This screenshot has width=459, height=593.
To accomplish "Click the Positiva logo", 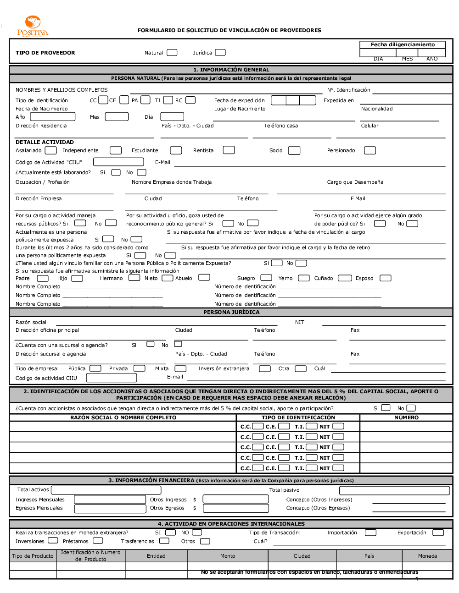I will coord(33,26).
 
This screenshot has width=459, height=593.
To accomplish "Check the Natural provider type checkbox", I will coord(172,53).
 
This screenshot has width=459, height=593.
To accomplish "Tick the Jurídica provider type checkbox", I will coord(220,53).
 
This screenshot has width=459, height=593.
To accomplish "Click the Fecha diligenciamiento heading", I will coord(403,44).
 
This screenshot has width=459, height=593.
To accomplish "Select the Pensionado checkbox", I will coord(369,150).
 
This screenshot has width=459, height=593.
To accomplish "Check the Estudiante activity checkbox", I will coord(176,150).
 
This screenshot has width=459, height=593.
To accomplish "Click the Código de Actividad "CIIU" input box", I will coord(119,162).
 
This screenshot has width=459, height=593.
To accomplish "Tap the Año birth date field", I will coord(53,117).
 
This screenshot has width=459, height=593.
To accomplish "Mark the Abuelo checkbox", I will coord(204,278).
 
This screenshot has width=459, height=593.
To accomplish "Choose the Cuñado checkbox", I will coord(345,278).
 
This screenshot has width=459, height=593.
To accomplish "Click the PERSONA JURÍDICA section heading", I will coord(231,312).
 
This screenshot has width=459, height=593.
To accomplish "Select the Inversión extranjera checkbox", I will coord(265,368).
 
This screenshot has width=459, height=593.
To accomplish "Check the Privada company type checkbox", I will coord(140,368).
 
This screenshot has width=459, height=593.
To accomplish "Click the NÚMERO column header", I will coord(406,417).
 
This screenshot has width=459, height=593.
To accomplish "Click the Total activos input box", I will coord(106,490).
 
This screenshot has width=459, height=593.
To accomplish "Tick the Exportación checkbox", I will coord(438,533).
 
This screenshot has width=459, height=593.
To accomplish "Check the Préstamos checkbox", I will coord(98,541).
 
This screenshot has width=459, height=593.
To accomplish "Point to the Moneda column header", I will coord(427,556).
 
